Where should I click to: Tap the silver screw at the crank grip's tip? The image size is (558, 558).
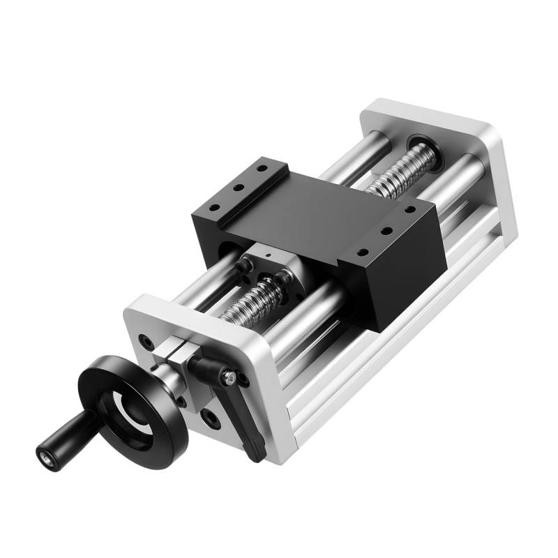click(46, 460)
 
